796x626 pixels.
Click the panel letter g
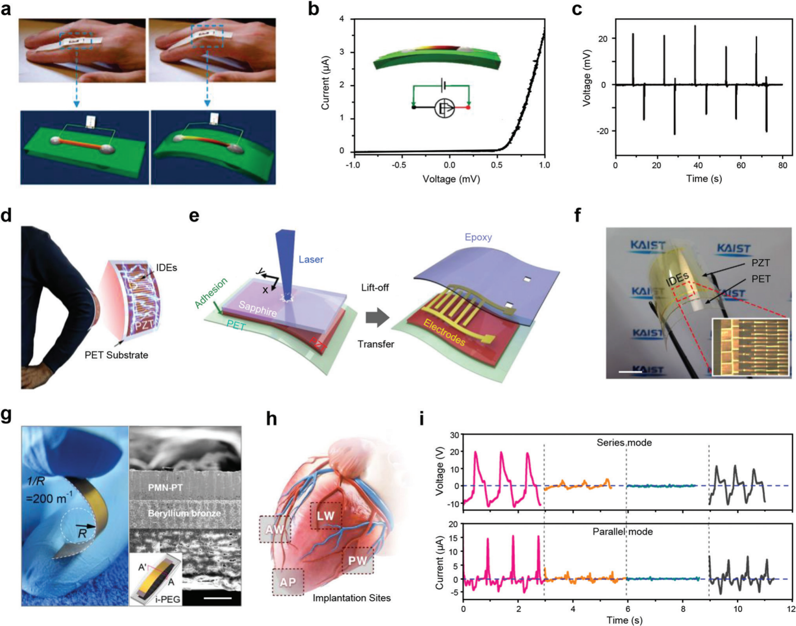7,415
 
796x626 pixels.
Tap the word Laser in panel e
311,259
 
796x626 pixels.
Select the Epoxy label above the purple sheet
478,237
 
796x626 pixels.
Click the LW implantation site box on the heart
326,516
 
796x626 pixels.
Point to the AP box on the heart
288,582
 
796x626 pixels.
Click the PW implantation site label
357,561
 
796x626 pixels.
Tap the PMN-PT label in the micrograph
165,487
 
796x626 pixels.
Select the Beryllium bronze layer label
184,513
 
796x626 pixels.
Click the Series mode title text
624,442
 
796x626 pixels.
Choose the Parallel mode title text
622,531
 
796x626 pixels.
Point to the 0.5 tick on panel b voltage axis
497,165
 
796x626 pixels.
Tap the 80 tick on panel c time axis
783,165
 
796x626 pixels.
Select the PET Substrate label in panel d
116,355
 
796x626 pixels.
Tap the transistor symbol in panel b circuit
444,108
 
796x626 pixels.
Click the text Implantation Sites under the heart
351,598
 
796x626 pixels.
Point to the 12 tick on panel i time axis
791,609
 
